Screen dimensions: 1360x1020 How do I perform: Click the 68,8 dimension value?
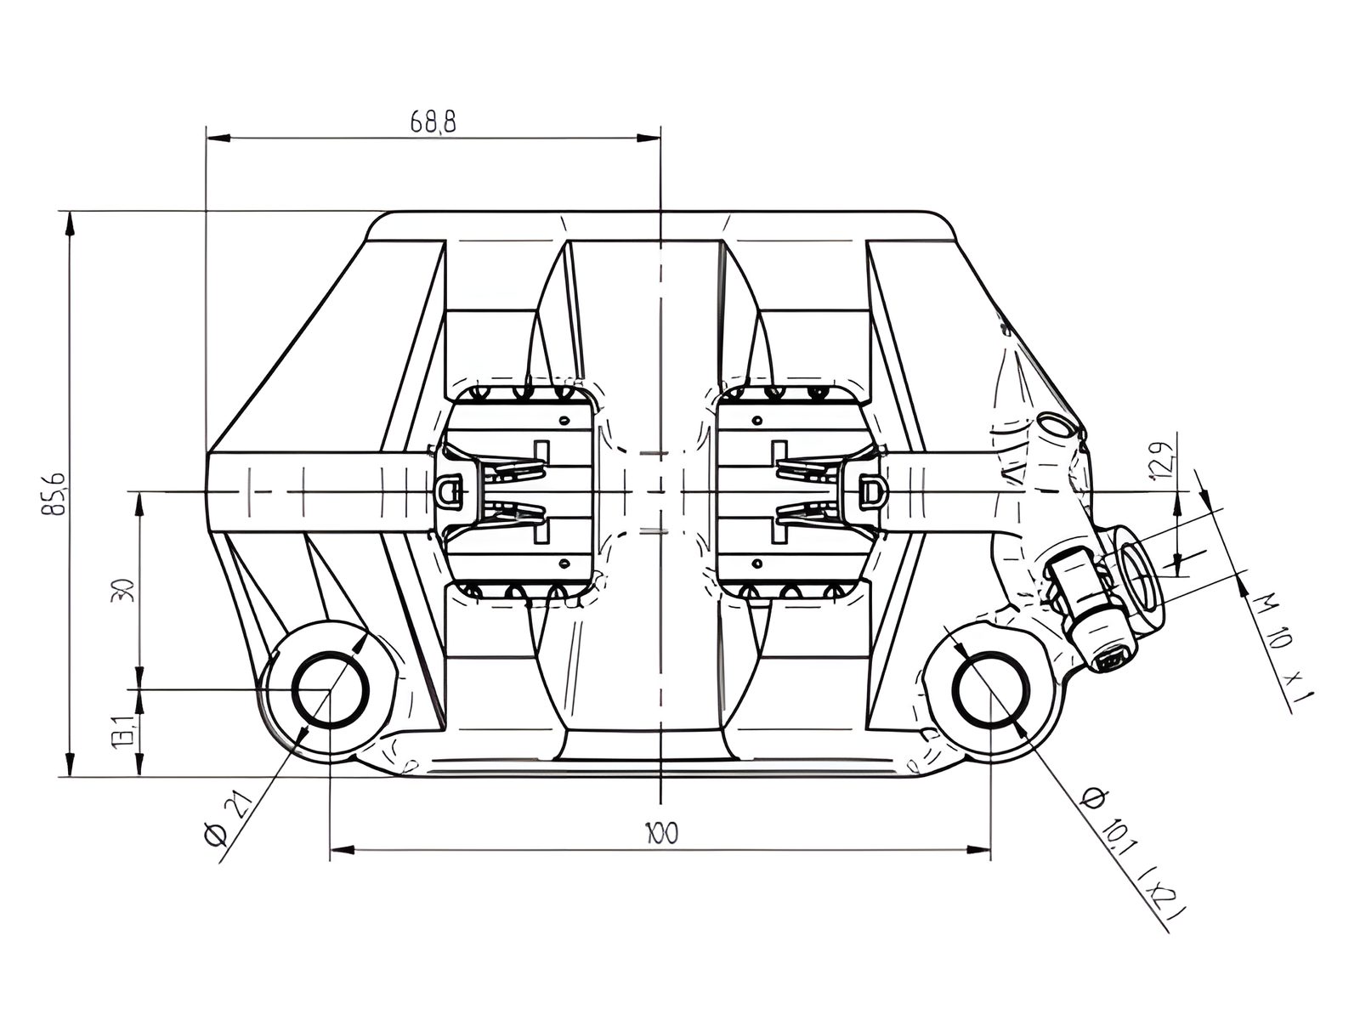point(433,122)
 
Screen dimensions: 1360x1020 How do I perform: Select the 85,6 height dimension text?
point(54,494)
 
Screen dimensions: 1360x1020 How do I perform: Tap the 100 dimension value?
point(661,833)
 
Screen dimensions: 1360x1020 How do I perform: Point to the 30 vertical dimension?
point(122,590)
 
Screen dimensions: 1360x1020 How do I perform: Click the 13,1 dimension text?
point(122,733)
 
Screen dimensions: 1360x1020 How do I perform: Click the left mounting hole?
point(331,689)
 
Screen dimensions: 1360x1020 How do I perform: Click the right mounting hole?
point(990,689)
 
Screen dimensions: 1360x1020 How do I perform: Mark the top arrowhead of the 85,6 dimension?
point(70,223)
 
